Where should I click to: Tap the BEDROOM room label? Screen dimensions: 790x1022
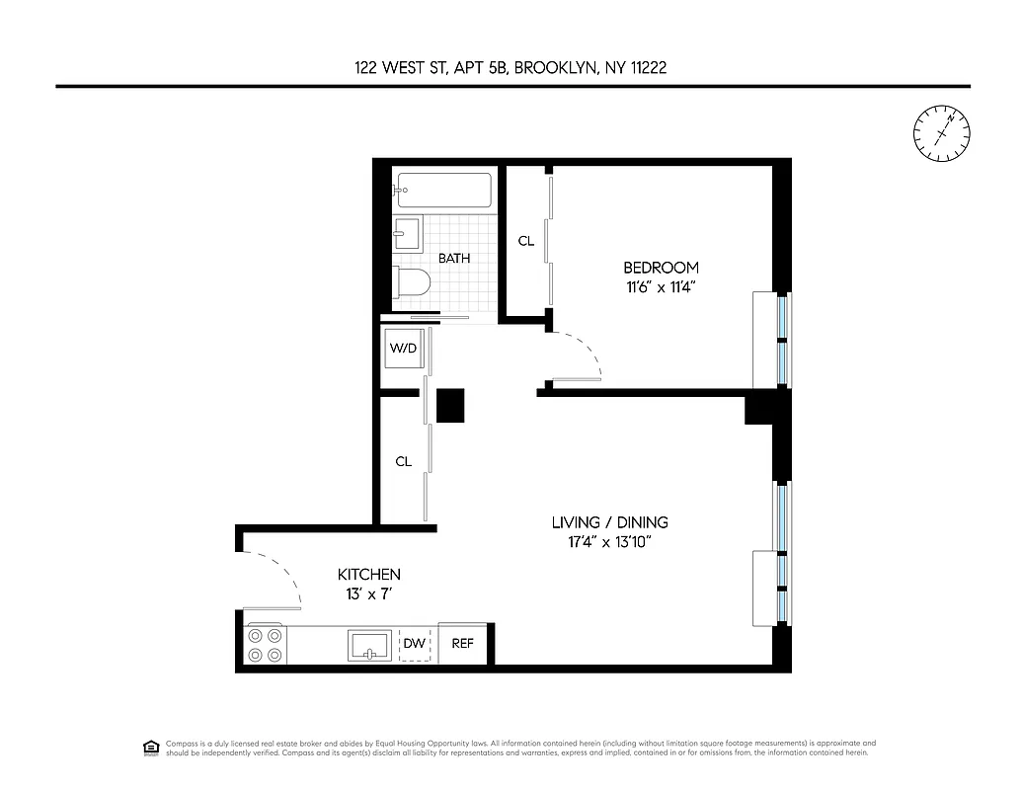tap(660, 268)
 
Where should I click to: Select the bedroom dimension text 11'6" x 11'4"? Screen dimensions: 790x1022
tap(660, 288)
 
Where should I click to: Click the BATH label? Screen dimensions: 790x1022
tap(454, 258)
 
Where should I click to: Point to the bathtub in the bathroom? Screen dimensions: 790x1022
tap(443, 190)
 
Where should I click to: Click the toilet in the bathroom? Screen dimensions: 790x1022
tap(412, 281)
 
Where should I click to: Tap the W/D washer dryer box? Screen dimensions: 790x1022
tap(403, 348)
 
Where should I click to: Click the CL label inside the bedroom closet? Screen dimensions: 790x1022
tap(526, 241)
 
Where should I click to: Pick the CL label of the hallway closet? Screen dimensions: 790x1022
tap(403, 461)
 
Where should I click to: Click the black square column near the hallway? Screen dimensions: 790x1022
tap(450, 405)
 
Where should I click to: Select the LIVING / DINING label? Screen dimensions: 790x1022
tap(609, 522)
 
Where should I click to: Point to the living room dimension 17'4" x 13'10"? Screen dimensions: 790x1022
tap(609, 542)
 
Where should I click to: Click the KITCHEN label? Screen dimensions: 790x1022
tap(369, 574)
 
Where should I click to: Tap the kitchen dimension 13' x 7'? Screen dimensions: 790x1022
tap(369, 594)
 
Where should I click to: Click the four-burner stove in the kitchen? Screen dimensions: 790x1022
tap(265, 645)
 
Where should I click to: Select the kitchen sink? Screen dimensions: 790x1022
tap(370, 646)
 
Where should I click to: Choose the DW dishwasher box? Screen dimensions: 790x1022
tap(416, 644)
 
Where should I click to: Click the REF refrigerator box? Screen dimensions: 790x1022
tap(463, 644)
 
